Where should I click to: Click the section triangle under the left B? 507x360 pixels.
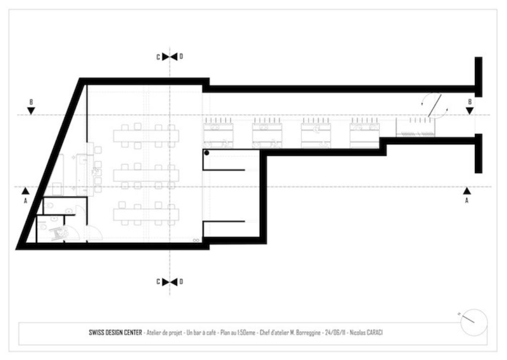tap(31, 111)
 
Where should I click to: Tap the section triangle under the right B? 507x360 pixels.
tap(470, 111)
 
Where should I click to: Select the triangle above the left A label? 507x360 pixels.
tap(25, 191)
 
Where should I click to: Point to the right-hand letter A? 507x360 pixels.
tap(466, 201)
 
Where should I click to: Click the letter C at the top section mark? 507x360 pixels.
tap(158, 57)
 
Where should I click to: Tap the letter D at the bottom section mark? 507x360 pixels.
tap(181, 282)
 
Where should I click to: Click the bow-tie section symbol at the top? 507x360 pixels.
tap(170, 56)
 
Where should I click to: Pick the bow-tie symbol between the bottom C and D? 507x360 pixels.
tap(170, 282)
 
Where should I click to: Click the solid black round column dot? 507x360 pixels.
tap(207, 153)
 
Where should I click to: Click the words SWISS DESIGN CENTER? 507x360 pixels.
tap(115, 333)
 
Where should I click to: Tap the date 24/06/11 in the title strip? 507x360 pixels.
tap(334, 333)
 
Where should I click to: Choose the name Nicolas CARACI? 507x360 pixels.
tap(366, 333)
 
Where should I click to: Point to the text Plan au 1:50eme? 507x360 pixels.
tap(238, 333)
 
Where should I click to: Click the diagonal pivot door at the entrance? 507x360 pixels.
tap(435, 105)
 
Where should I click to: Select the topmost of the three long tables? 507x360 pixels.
tap(146, 136)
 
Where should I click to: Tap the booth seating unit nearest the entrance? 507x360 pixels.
tap(364, 133)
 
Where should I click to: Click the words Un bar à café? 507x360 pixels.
tap(201, 333)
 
